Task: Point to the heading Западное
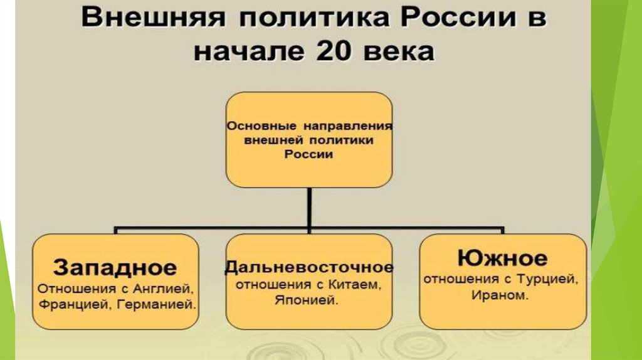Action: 115,268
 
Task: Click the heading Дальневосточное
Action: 309,267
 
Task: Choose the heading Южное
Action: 503,257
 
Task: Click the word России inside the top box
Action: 308,154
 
